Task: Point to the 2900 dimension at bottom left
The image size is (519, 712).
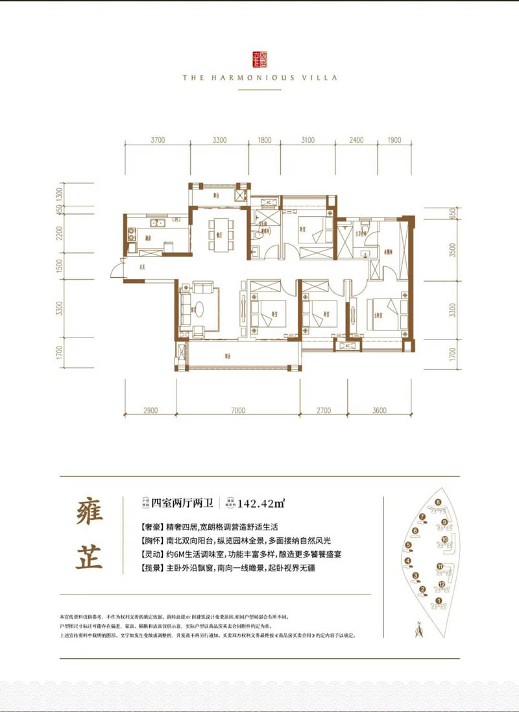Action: click(151, 410)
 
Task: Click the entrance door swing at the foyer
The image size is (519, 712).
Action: click(118, 267)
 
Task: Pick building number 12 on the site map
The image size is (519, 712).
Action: click(441, 585)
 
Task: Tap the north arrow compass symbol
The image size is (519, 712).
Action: click(419, 628)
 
